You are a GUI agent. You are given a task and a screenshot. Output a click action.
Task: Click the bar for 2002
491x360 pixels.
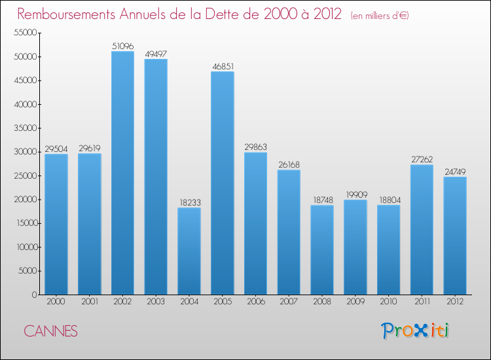pos(122,173)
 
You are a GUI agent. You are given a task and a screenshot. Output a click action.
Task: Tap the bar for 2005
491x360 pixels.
pos(223,183)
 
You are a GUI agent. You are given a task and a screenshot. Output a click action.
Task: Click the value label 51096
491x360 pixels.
pos(122,46)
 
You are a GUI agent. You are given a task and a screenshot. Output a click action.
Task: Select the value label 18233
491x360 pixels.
pos(189,202)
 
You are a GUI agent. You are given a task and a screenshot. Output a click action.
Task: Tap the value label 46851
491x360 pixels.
pos(223,66)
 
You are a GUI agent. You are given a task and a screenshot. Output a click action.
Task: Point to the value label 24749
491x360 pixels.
pos(455,171)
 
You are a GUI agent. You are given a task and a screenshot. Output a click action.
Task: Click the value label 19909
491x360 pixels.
pos(355,194)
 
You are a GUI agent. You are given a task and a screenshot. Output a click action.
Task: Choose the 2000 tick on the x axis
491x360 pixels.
pos(56,302)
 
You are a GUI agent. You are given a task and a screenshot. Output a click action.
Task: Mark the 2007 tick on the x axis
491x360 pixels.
pos(289,302)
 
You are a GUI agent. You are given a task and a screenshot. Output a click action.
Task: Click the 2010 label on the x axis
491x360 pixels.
pos(389,302)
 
